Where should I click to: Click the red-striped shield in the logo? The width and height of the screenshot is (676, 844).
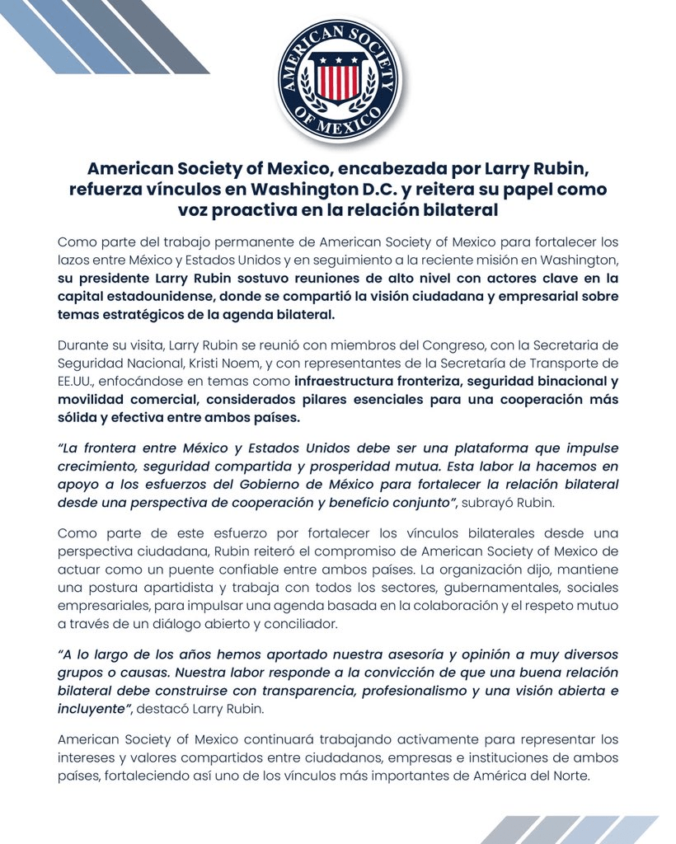point(338,80)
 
